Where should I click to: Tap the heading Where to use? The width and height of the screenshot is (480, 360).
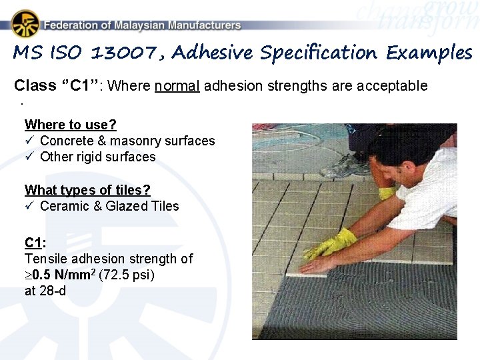pyautogui.click(x=70, y=125)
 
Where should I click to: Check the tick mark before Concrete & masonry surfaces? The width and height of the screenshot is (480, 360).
pyautogui.click(x=29, y=141)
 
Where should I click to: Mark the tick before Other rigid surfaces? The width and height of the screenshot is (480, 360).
pyautogui.click(x=29, y=157)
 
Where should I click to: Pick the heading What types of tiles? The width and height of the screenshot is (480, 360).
pyautogui.click(x=87, y=190)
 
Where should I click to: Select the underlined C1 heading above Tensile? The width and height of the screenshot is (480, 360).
pyautogui.click(x=33, y=242)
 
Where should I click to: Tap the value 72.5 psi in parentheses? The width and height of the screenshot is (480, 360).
pyautogui.click(x=126, y=275)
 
